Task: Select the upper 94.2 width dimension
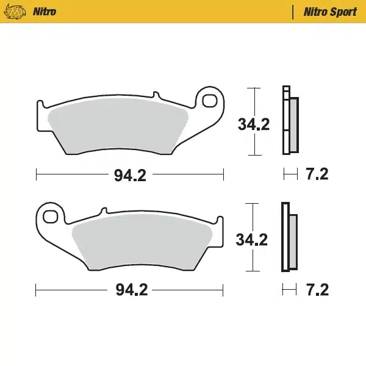coord(131,176)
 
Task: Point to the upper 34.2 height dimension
coord(254,124)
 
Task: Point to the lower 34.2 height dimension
coord(253,239)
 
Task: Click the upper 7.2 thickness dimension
coord(317,175)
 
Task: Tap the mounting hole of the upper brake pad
coord(210,101)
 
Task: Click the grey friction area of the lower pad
coord(143,242)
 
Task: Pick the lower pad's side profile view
coord(289,237)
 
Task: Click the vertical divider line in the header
coord(295,12)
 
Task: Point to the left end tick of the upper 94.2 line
coord(37,176)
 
